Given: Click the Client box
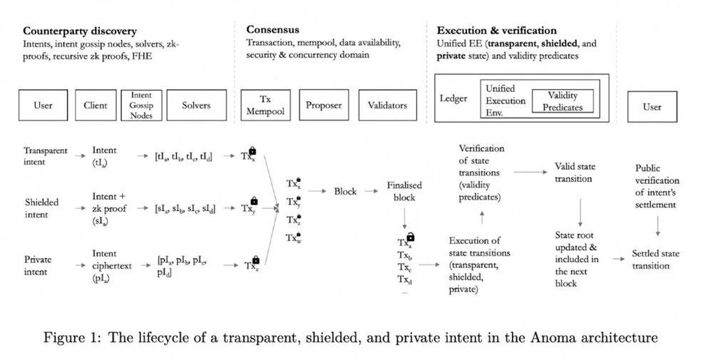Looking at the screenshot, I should click(95, 106).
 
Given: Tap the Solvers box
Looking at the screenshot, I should click(196, 106).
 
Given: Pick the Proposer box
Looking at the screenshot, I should click(324, 106).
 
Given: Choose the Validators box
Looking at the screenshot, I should click(387, 106).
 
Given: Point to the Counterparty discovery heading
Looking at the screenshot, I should click(80, 31).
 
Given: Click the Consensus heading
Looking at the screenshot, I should click(273, 30).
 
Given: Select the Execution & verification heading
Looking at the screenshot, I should click(496, 31).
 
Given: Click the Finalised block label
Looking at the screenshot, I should click(404, 191).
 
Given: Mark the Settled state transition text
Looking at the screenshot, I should click(656, 259).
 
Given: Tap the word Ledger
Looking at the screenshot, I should click(453, 99).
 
